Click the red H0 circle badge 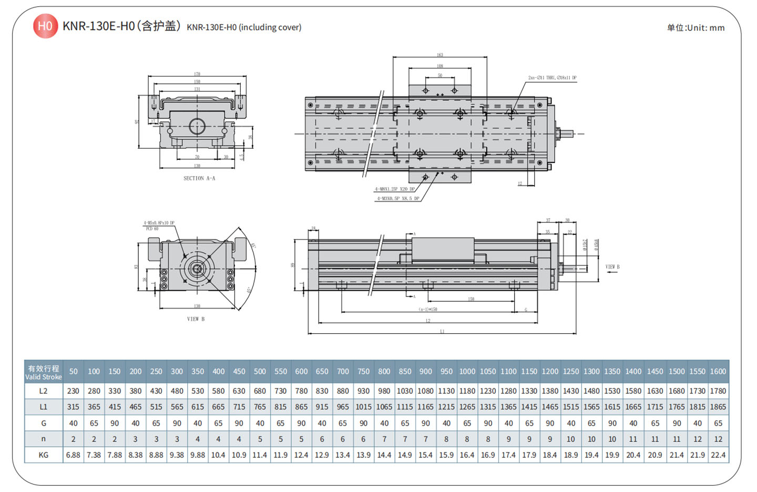(x=45, y=26)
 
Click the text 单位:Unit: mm (x=695, y=28)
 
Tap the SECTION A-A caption (x=199, y=178)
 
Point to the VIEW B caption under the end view (x=196, y=319)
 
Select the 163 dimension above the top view (x=439, y=55)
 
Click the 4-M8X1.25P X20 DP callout (x=395, y=189)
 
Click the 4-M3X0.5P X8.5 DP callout (x=398, y=199)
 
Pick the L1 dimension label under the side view (x=442, y=331)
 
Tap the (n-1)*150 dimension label (x=428, y=310)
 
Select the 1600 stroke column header (x=718, y=372)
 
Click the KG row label (x=44, y=455)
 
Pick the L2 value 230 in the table (x=73, y=391)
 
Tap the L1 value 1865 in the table (x=718, y=407)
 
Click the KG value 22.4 (x=718, y=455)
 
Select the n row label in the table (x=44, y=439)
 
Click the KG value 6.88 (x=73, y=455)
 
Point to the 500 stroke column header (x=260, y=372)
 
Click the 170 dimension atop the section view (x=197, y=74)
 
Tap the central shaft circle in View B (x=197, y=270)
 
